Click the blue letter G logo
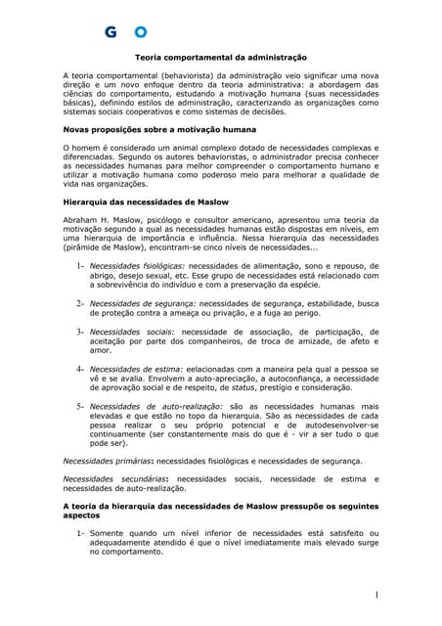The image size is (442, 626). (111, 32)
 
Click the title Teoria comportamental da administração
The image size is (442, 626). (220, 59)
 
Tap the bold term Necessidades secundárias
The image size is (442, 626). (110, 478)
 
